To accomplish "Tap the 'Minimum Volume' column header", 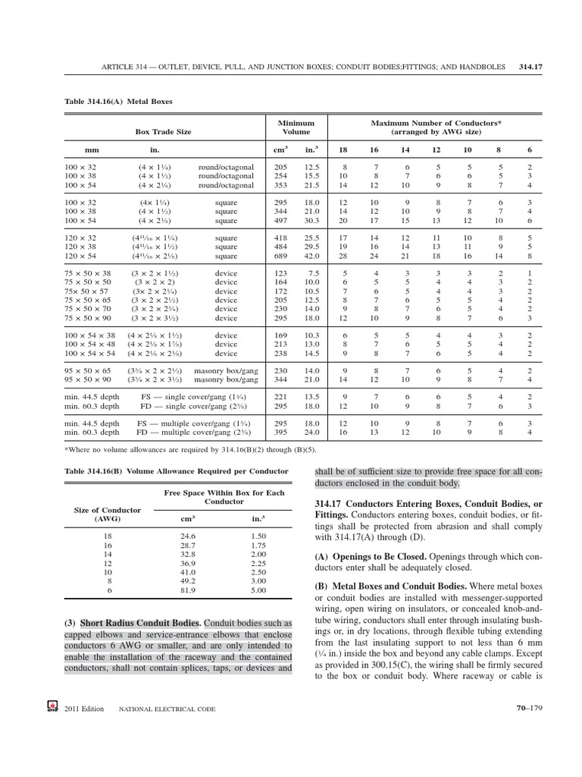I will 296,127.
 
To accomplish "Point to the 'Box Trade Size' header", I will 163,131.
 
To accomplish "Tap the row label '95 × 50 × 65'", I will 92,371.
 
